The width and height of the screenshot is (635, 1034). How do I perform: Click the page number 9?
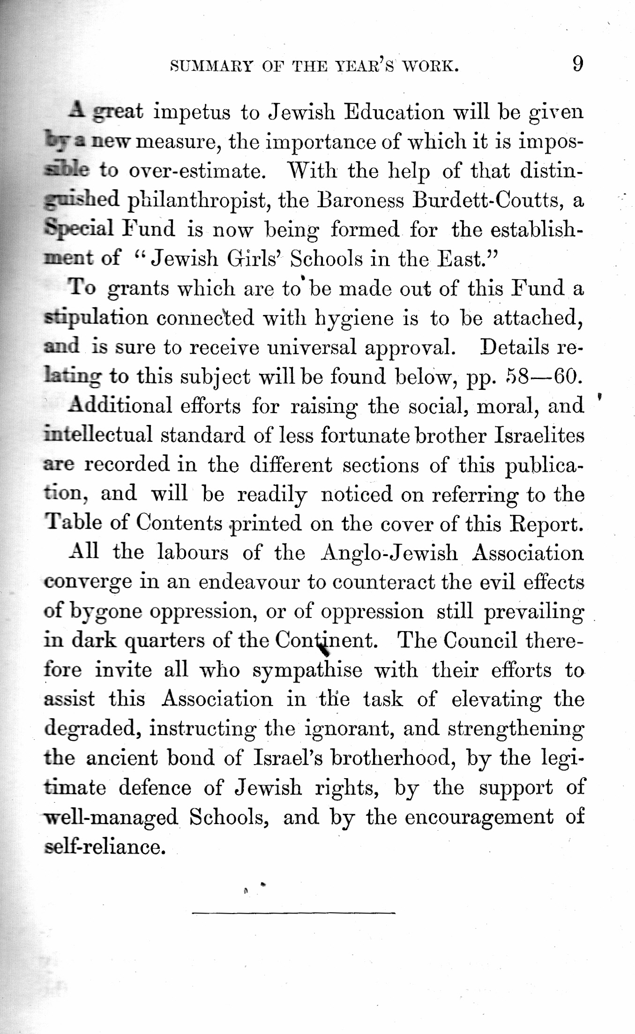click(x=578, y=64)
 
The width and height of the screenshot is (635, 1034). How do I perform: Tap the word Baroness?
click(x=359, y=201)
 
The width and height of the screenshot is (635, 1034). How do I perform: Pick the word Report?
click(x=546, y=523)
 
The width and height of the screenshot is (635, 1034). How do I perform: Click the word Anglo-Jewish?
click(x=389, y=553)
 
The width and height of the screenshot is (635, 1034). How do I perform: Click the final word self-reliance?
click(x=105, y=846)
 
